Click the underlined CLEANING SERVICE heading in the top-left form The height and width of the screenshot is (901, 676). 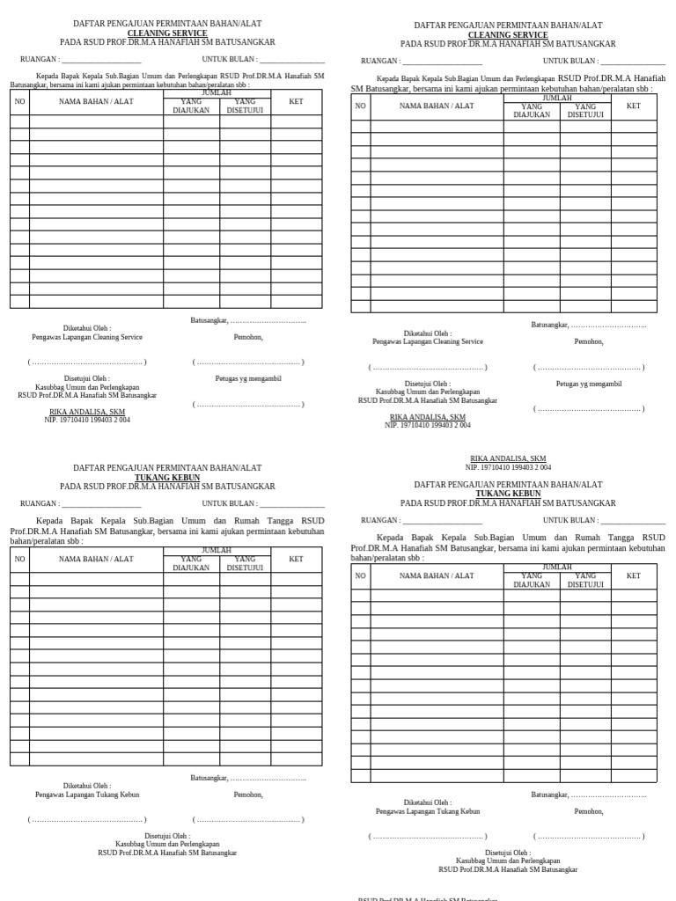[x=167, y=33]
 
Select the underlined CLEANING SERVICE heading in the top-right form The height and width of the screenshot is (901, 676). [x=508, y=34]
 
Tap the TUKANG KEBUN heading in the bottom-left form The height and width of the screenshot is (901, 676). [x=167, y=477]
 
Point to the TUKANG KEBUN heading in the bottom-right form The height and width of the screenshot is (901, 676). [x=508, y=494]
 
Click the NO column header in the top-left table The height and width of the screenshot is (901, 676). [x=19, y=102]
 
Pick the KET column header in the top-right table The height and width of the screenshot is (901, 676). [x=633, y=106]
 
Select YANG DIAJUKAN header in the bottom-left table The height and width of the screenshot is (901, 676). [x=191, y=563]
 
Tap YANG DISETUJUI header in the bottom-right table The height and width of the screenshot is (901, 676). [x=585, y=580]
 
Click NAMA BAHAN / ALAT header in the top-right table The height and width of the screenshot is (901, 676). [x=437, y=106]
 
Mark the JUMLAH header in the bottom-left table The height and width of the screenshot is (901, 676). [x=217, y=550]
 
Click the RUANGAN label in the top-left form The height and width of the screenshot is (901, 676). [x=40, y=60]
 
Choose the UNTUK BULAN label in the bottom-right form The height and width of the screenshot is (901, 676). [x=570, y=520]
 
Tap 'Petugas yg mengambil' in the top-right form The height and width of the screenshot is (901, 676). [x=589, y=384]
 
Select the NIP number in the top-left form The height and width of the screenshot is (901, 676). [x=87, y=420]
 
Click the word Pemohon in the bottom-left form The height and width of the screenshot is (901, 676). [x=248, y=795]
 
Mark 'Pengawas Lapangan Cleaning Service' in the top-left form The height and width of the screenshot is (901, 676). [x=87, y=337]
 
